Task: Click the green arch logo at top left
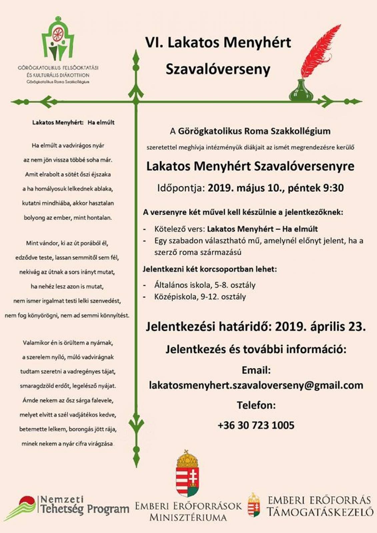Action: coord(58,40)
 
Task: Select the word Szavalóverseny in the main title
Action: coord(218,69)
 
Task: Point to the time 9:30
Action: coord(333,188)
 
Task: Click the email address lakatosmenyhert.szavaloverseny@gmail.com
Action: coord(256,385)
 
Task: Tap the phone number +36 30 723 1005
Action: coord(256,425)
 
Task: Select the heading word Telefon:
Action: coord(256,405)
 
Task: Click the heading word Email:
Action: coord(256,370)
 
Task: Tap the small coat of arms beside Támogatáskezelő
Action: coord(254,505)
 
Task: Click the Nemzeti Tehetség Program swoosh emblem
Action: coord(21,508)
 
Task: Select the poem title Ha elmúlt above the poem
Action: coord(101,123)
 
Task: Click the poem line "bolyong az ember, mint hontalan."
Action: coord(68,218)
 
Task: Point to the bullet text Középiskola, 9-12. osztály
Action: coord(200,297)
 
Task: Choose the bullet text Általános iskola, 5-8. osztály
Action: coord(205,285)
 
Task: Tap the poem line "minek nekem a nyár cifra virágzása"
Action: coord(67,444)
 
